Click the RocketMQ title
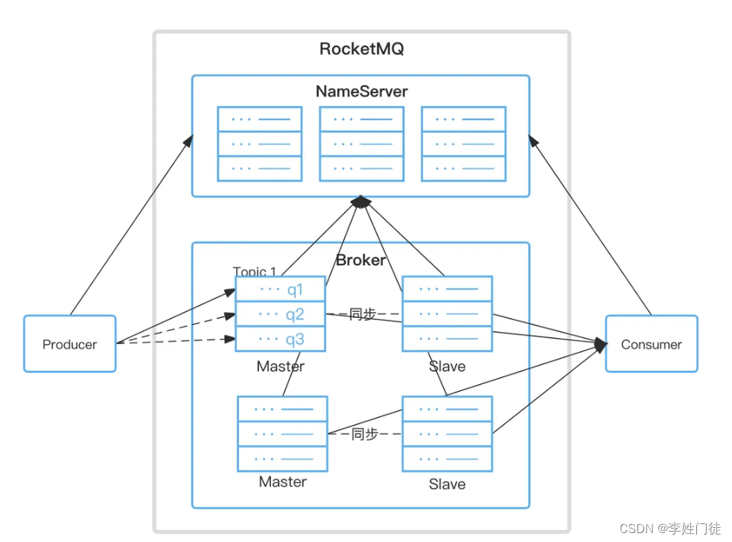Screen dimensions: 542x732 point(361,50)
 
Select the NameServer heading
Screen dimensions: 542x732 point(361,92)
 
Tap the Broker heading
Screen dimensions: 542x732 point(361,260)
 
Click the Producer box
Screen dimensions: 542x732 point(70,344)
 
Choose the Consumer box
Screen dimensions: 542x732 point(652,344)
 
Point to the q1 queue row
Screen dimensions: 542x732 point(281,289)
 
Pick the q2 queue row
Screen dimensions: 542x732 point(281,314)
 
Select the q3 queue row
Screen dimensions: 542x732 point(281,339)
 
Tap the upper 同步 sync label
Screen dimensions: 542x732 point(363,315)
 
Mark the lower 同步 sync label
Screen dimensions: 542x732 point(364,434)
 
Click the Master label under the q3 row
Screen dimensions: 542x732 point(281,366)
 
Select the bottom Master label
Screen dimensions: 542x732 point(282,482)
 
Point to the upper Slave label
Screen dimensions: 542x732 point(447,366)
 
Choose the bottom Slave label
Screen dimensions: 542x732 point(447,484)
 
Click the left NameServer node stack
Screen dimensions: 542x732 point(259,144)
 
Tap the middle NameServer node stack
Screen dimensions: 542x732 point(361,144)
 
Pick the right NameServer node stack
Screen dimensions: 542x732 point(463,144)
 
